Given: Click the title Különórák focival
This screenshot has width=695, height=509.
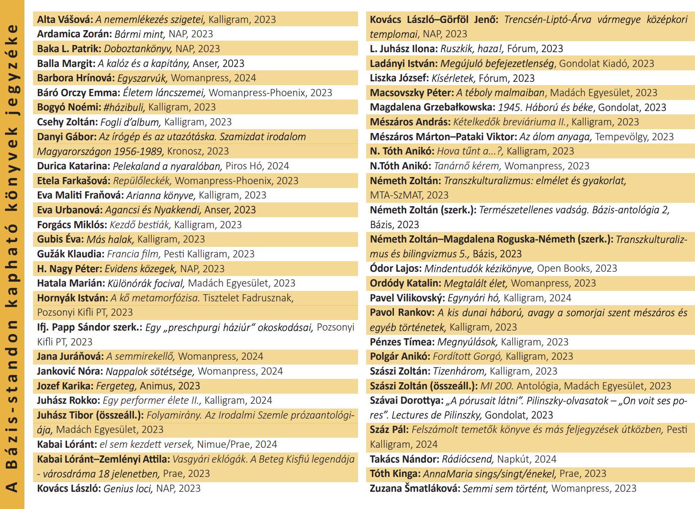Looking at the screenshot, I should [x=146, y=283].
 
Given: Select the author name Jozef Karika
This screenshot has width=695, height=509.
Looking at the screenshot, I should [x=65, y=386].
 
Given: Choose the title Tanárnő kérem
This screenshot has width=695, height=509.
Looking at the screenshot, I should [x=467, y=166].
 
